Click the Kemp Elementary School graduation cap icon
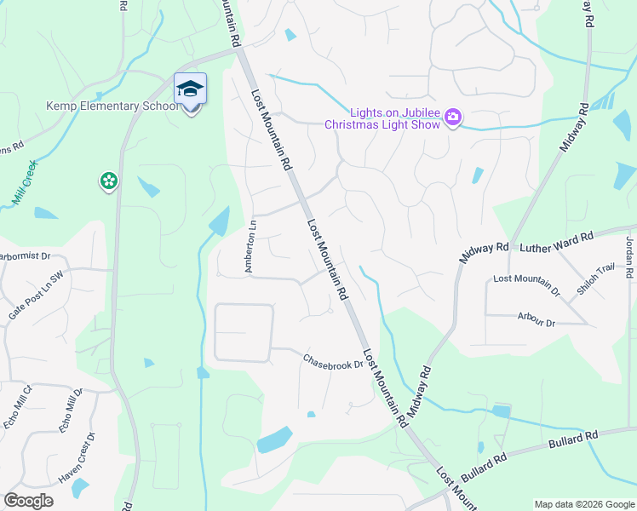point(190,89)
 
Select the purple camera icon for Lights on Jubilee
point(453,117)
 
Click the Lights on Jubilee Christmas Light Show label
point(383,118)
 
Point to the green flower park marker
point(108,181)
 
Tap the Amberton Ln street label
point(252,247)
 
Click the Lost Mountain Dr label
point(526,284)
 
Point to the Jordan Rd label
point(630,255)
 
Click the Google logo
point(28,501)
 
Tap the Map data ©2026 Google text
point(584,504)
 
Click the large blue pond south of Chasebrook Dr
point(274,439)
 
